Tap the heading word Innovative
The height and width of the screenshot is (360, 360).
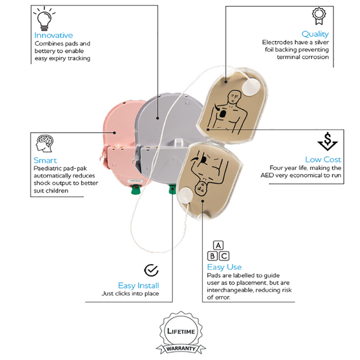[53, 35]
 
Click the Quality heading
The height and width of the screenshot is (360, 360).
[315, 34]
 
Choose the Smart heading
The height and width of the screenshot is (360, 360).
[45, 160]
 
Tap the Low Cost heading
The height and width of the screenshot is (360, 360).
[323, 160]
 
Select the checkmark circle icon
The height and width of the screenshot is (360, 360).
[152, 270]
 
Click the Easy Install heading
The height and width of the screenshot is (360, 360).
[139, 286]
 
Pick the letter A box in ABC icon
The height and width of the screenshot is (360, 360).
[218, 245]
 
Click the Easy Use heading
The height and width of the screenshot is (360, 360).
[224, 267]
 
